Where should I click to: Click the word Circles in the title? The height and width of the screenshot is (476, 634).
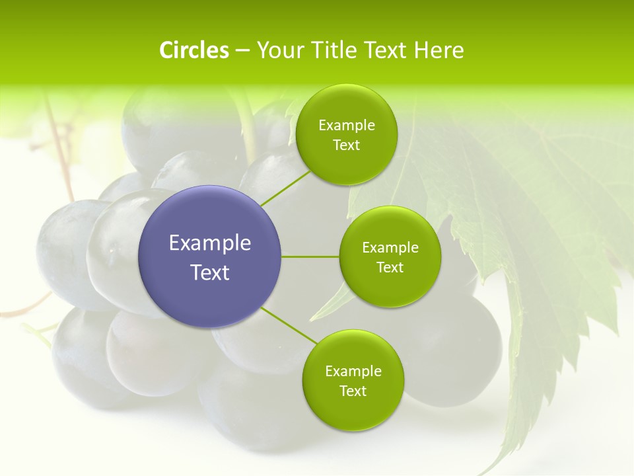pyautogui.click(x=194, y=50)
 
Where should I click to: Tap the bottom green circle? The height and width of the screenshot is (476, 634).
pyautogui.click(x=353, y=410)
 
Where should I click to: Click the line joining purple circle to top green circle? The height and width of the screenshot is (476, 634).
pyautogui.click(x=285, y=188)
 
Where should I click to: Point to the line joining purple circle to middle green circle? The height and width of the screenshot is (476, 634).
pyautogui.click(x=310, y=257)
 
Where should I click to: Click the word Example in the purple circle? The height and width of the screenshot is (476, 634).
pyautogui.click(x=210, y=243)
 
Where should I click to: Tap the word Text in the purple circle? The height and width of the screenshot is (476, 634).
pyautogui.click(x=210, y=272)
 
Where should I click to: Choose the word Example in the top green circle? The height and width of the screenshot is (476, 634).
pyautogui.click(x=347, y=126)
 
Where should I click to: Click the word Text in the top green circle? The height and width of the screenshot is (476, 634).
pyautogui.click(x=347, y=145)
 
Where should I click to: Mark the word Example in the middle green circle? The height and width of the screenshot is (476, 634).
pyautogui.click(x=390, y=248)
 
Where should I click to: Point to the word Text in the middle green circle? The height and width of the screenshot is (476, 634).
pyautogui.click(x=390, y=268)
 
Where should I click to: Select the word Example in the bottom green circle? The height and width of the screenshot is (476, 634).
pyautogui.click(x=353, y=372)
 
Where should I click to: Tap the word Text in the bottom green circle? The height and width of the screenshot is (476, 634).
pyautogui.click(x=353, y=391)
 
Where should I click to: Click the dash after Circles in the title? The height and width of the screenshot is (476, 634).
pyautogui.click(x=242, y=51)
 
